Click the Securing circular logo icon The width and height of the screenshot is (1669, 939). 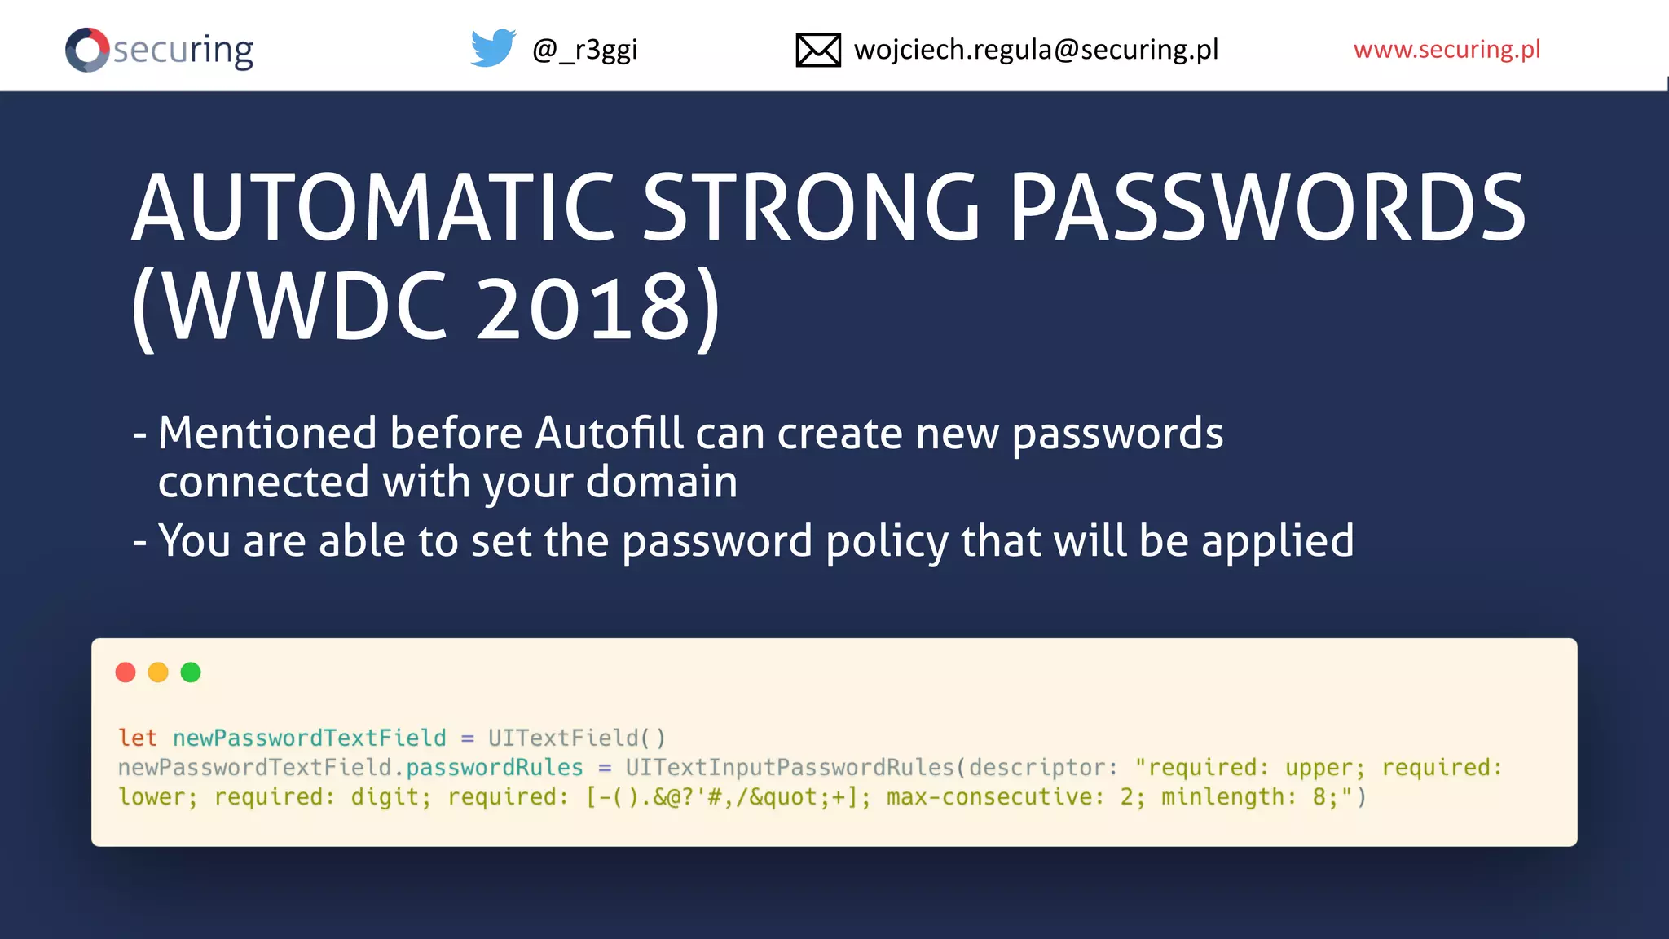pos(87,50)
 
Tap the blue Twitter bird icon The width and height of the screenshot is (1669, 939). pos(493,48)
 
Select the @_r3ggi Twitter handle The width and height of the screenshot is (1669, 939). pos(584,50)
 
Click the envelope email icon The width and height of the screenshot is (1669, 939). pos(817,50)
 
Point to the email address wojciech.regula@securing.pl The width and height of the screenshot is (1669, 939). pos(1036,50)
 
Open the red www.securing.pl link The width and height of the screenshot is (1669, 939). pos(1447,50)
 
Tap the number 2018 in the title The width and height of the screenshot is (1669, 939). pos(583,308)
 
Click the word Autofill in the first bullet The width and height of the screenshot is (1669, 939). pos(608,433)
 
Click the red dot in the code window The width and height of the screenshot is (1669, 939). pos(126,672)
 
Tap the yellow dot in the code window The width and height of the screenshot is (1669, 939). pos(158,672)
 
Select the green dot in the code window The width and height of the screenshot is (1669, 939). pos(191,672)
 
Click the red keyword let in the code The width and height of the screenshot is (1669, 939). pos(137,738)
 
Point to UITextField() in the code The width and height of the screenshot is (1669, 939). pos(577,738)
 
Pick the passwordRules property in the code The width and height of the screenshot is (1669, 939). pos(495,768)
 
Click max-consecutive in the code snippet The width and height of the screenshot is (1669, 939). pos(995,797)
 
